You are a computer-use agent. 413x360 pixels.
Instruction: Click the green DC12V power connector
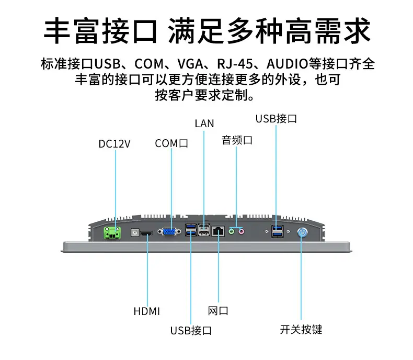[112, 233]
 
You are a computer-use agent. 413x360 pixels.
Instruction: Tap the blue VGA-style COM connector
[169, 232]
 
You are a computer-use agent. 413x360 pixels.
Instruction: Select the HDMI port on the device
[146, 234]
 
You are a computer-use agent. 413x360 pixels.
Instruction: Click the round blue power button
[302, 233]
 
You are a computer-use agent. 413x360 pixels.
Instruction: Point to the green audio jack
[231, 232]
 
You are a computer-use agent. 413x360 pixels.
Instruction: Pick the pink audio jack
[242, 232]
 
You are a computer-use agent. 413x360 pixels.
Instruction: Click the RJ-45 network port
[218, 231]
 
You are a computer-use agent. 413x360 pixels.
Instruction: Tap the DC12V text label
[114, 144]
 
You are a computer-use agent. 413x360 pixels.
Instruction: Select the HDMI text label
[147, 311]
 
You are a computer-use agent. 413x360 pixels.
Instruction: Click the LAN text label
[204, 123]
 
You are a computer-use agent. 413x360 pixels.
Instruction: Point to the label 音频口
[237, 140]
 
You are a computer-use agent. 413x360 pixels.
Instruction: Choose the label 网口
[218, 311]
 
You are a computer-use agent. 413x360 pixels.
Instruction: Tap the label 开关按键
[301, 330]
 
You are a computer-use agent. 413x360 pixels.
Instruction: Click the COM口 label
[171, 143]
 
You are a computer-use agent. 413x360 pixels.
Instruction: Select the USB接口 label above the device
[276, 119]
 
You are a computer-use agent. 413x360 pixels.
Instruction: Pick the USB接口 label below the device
[191, 331]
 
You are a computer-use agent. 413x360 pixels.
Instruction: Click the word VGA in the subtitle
[190, 64]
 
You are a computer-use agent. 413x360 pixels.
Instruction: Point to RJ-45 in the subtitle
[235, 64]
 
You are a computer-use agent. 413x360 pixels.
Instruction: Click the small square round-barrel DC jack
[135, 232]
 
